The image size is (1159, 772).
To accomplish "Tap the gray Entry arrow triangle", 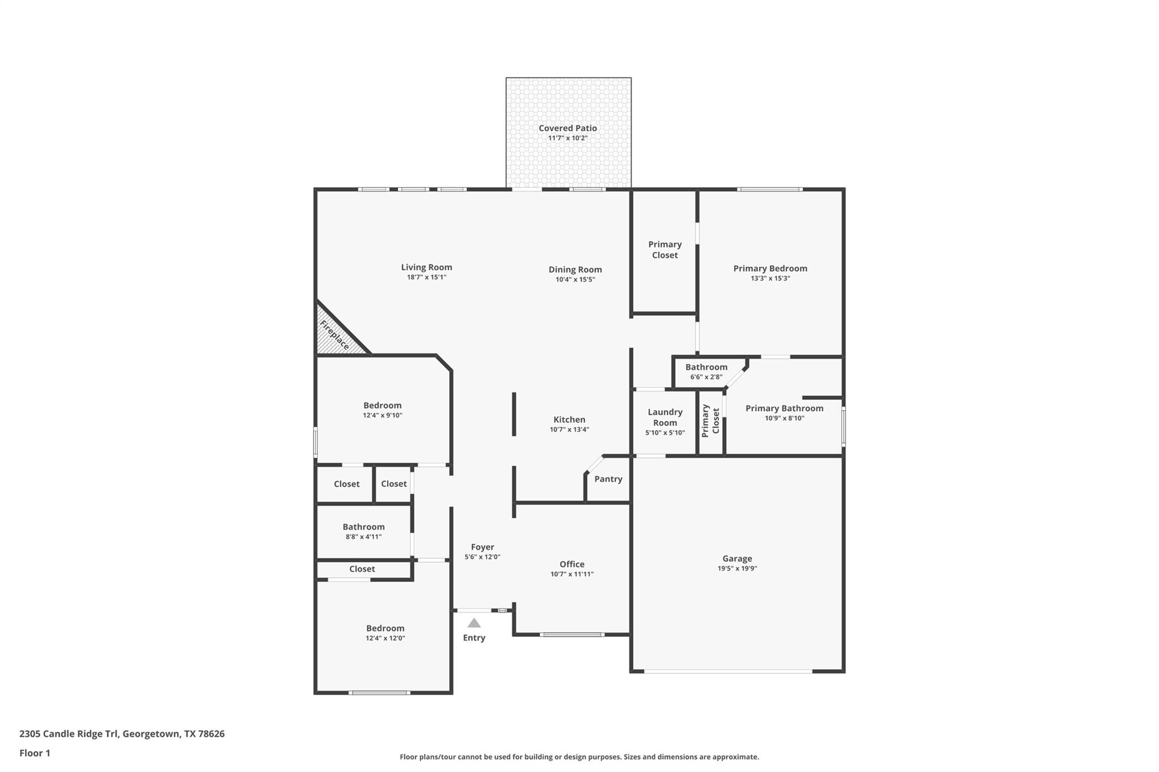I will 474,623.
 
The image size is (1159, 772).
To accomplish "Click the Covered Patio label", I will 568,128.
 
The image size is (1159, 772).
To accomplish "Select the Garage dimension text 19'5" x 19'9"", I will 737,568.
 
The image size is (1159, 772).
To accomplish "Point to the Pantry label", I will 608,479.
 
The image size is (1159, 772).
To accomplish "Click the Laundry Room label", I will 665,417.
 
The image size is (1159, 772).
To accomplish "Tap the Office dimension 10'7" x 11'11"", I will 572,574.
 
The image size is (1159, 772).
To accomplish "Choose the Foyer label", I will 483,547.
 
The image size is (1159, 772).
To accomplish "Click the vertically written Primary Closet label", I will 710,421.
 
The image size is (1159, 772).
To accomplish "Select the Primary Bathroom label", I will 784,408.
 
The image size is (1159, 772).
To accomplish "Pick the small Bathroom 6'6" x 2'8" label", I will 706,367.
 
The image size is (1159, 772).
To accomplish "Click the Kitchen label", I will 569,420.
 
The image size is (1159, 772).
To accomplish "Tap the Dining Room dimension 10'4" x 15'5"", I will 575,279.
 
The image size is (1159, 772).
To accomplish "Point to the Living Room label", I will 427,268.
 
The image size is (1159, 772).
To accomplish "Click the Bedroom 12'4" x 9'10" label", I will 383,406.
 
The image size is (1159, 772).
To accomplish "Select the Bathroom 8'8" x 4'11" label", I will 363,527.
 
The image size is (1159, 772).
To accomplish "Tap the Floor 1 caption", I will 35,753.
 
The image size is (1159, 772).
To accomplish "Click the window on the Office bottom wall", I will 572,635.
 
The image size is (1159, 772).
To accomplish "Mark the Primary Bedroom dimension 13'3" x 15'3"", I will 770,278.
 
